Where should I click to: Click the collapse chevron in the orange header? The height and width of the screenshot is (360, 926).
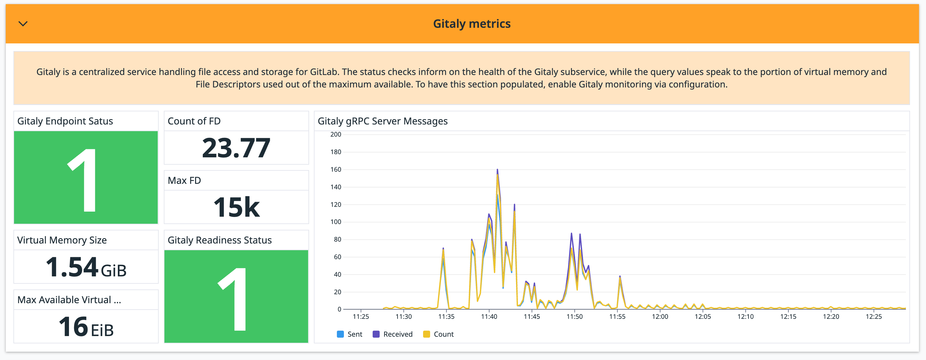point(23,24)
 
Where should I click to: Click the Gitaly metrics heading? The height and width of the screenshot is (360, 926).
point(472,24)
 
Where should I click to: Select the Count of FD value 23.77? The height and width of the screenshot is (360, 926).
point(236,148)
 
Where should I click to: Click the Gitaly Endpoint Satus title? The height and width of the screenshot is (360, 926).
point(65,121)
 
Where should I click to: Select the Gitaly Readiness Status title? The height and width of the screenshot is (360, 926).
point(219,240)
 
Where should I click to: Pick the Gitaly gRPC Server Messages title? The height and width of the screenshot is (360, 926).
point(383,121)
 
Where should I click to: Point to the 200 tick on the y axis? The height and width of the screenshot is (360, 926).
point(336,134)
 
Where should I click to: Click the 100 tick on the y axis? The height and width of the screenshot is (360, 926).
point(336,222)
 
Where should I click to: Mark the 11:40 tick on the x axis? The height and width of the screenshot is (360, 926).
point(489,317)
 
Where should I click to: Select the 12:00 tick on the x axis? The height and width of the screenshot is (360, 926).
point(660,317)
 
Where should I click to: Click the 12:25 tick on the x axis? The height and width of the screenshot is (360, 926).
point(874,317)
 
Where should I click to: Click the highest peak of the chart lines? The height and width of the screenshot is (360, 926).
point(497,169)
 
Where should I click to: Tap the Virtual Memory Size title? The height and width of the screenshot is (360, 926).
point(62,240)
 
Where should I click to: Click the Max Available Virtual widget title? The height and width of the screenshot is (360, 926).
point(69,300)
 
